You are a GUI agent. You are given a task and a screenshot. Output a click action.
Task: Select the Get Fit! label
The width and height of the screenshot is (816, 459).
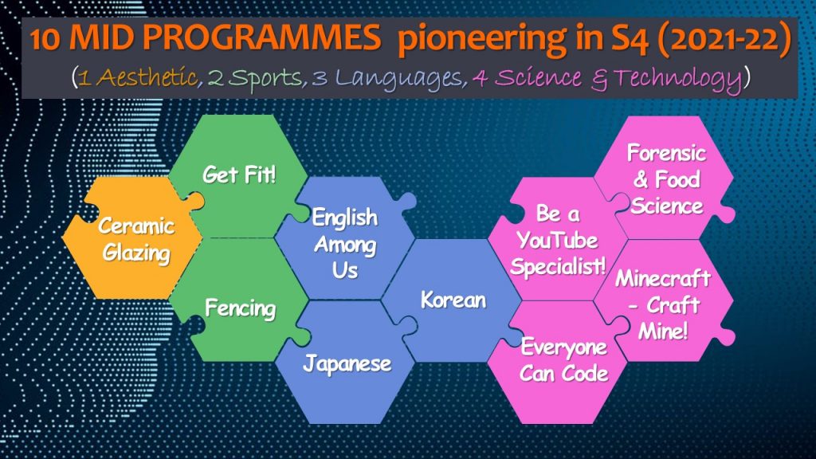(x=239, y=175)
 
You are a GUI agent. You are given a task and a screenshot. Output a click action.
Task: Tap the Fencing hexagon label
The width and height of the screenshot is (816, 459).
(x=240, y=308)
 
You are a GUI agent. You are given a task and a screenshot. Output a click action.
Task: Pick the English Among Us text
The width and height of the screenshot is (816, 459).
(x=345, y=244)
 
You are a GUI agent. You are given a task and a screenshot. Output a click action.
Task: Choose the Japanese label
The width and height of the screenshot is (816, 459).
(x=347, y=363)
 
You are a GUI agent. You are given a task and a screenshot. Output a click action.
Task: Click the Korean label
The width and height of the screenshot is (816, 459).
(x=453, y=300)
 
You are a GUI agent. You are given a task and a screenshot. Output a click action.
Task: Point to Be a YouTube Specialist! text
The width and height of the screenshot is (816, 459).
(x=558, y=240)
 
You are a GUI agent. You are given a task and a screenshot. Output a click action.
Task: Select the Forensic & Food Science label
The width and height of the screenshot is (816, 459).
(x=667, y=179)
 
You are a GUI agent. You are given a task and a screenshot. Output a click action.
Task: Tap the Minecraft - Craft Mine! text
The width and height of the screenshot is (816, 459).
(x=663, y=304)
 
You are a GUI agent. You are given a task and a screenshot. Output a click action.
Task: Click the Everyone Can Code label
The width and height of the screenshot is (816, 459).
(x=564, y=359)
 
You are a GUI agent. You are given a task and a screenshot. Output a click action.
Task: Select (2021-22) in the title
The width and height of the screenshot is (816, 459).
(x=724, y=40)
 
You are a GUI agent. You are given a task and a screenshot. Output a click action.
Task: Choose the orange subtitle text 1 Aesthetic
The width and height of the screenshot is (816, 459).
(x=138, y=77)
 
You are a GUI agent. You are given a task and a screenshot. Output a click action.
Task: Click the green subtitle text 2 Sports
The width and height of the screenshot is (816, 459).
(x=255, y=79)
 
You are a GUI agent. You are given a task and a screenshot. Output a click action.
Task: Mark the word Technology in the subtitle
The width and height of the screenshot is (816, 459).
(x=678, y=80)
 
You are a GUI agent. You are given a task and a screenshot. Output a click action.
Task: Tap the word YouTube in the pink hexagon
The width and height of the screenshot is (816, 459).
(x=557, y=240)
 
